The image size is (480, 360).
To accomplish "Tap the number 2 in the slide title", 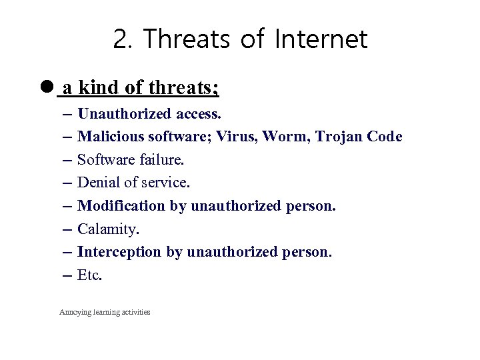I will click(121, 40).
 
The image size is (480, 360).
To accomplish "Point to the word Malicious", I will click(105, 137).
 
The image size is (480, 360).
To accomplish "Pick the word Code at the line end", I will click(385, 137).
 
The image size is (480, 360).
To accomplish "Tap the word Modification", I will click(121, 206).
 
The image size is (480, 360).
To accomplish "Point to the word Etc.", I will click(90, 275).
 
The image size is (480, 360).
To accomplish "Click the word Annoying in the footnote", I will click(75, 312).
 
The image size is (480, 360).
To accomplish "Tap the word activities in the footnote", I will click(135, 312).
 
